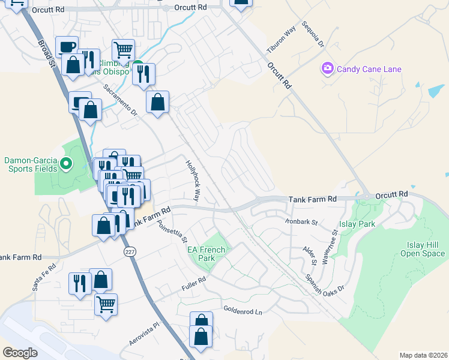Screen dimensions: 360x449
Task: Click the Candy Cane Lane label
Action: (x=369, y=69)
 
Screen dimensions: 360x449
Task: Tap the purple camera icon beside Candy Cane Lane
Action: (x=327, y=68)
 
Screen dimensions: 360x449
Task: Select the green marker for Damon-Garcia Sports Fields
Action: (x=67, y=163)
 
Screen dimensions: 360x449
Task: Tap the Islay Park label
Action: (x=357, y=224)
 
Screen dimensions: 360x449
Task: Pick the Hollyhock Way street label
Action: (x=192, y=179)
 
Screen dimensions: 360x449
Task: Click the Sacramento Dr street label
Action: (x=120, y=100)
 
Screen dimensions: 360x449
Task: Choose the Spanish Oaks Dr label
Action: (x=325, y=280)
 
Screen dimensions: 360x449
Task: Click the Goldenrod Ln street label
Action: (x=243, y=312)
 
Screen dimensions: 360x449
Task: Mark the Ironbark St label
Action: (x=301, y=221)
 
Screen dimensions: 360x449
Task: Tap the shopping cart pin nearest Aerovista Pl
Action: (x=106, y=304)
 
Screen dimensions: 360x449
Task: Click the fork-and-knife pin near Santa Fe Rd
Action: (x=80, y=282)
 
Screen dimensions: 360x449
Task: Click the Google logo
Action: (x=20, y=353)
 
